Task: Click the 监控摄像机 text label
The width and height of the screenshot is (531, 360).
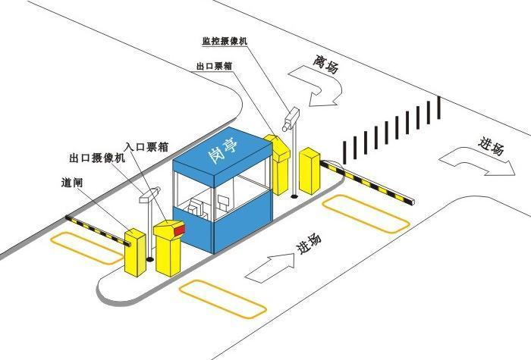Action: coord(231,39)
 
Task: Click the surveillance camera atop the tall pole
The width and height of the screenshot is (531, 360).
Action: coord(291,117)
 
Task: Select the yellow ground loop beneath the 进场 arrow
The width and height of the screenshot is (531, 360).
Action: coord(222,298)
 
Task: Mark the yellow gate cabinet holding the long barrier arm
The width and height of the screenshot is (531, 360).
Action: coord(309,174)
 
